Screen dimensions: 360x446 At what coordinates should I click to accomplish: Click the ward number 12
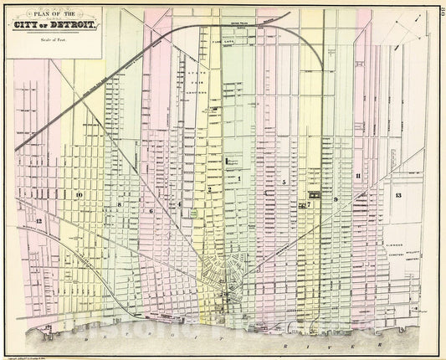tap(38, 219)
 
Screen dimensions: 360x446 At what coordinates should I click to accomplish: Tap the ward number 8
tap(120, 204)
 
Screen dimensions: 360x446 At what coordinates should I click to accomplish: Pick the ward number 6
tap(151, 211)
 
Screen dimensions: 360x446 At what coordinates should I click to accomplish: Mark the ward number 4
tap(179, 203)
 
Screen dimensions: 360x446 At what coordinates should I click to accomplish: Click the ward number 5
tap(284, 182)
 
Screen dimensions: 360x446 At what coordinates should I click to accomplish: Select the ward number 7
tap(308, 203)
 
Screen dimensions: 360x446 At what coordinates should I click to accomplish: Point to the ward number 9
tap(336, 200)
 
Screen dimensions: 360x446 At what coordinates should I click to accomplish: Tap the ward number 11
tap(357, 176)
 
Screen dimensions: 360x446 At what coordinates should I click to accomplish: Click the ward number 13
tap(398, 195)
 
